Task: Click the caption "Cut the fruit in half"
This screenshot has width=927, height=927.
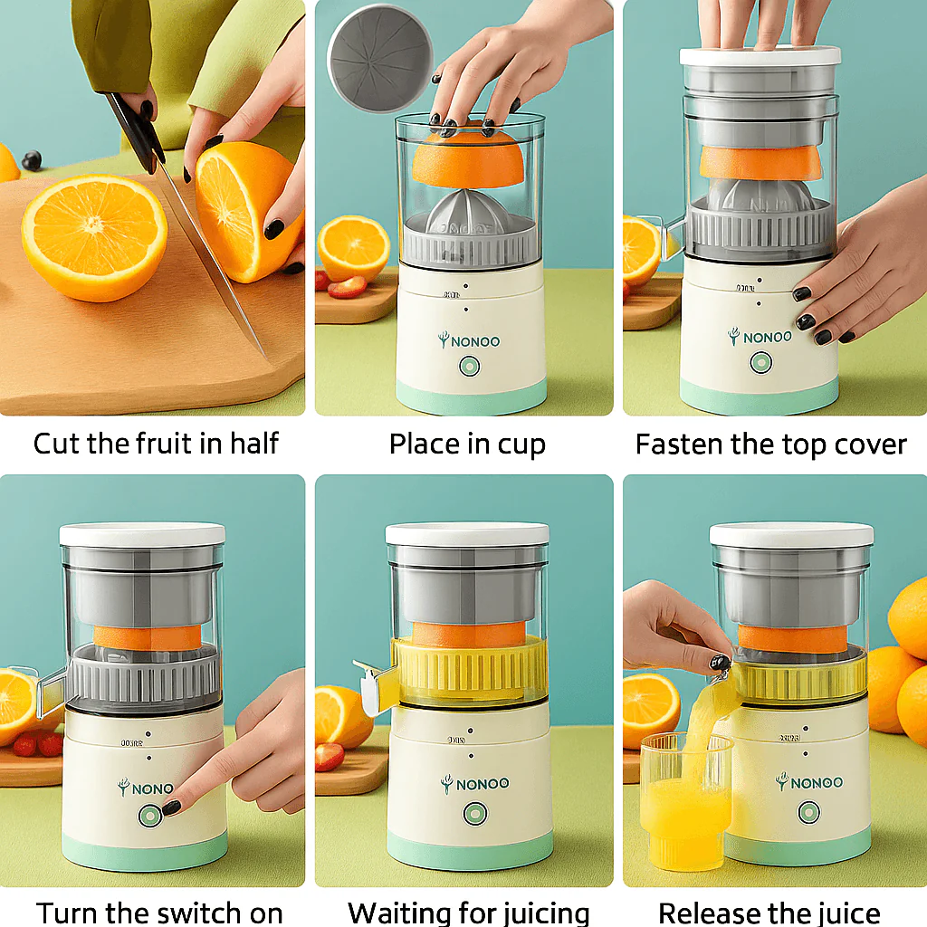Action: [x=156, y=444]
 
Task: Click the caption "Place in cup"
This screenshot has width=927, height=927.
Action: [x=467, y=444]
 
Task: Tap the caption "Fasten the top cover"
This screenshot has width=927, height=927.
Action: [x=770, y=444]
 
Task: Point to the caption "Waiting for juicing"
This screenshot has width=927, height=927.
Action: [x=468, y=912]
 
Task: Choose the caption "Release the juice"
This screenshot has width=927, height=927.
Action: [x=769, y=912]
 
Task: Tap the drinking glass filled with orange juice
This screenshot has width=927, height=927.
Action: [x=685, y=806]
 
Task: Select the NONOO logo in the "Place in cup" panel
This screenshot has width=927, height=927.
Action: [x=469, y=341]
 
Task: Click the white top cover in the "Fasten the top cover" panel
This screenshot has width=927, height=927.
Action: [x=760, y=57]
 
